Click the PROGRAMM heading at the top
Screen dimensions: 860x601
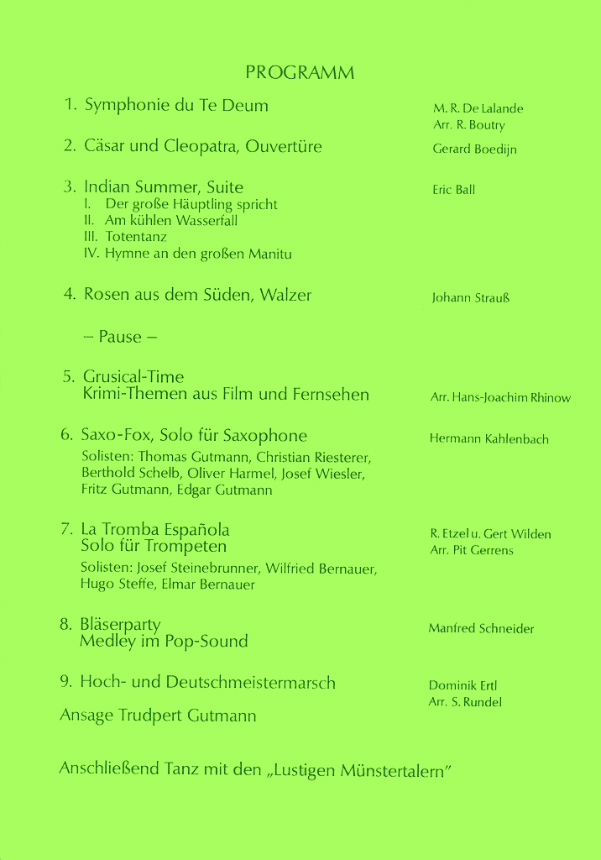[x=300, y=73]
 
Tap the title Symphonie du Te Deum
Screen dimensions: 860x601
[x=176, y=106]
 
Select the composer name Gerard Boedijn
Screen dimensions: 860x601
[x=474, y=149]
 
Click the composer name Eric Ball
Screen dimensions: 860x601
[x=453, y=190]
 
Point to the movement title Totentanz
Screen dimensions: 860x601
[x=136, y=237]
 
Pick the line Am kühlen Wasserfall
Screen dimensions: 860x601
[x=171, y=221]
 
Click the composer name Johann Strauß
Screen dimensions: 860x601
[x=470, y=298]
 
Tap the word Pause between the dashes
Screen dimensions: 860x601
[x=120, y=337]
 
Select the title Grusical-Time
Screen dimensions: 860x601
[x=133, y=377]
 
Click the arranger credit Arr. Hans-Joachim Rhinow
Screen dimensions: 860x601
[x=500, y=398]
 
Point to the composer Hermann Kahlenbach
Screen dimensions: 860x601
[x=489, y=439]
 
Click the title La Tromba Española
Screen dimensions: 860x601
[x=155, y=530]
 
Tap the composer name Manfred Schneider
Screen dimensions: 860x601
[x=481, y=629]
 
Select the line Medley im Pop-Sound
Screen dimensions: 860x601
[x=164, y=642]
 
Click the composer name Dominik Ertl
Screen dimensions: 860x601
[x=463, y=685]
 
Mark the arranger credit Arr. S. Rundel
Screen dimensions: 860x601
[x=465, y=702]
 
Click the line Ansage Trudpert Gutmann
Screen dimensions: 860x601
[x=158, y=716]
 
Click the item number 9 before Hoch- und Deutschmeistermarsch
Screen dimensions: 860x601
[x=65, y=682]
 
